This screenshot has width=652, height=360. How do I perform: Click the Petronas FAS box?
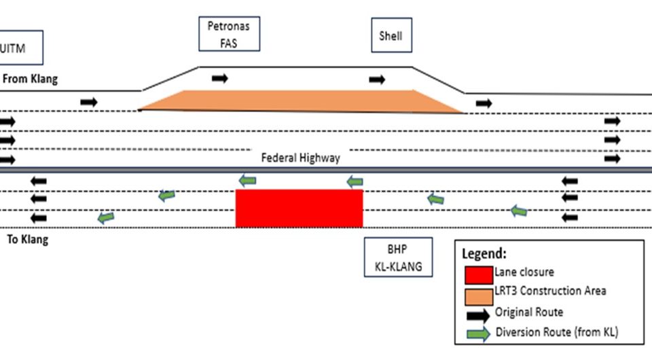pyautogui.click(x=229, y=34)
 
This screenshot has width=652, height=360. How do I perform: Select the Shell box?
pyautogui.click(x=391, y=35)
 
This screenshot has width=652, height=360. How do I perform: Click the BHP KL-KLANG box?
pyautogui.click(x=397, y=257)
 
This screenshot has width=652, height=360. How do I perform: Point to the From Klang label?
pyautogui.click(x=31, y=79)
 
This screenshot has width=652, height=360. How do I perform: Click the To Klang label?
pyautogui.click(x=28, y=240)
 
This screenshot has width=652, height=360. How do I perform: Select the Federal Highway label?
pyautogui.click(x=300, y=158)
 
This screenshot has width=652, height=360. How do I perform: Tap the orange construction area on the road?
pyautogui.click(x=299, y=101)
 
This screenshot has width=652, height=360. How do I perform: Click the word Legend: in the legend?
pyautogui.click(x=484, y=254)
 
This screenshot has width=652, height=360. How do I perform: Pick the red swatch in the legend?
pyautogui.click(x=477, y=274)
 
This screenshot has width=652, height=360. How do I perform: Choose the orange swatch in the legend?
pyautogui.click(x=477, y=295)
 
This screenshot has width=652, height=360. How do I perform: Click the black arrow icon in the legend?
pyautogui.click(x=477, y=315)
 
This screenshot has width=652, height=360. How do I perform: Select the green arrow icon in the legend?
pyautogui.click(x=477, y=334)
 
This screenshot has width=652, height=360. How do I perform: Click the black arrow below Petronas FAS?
pyautogui.click(x=219, y=78)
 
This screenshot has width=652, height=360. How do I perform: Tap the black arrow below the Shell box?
pyautogui.click(x=377, y=80)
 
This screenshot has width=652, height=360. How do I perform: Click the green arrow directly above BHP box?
pyautogui.click(x=355, y=181)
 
